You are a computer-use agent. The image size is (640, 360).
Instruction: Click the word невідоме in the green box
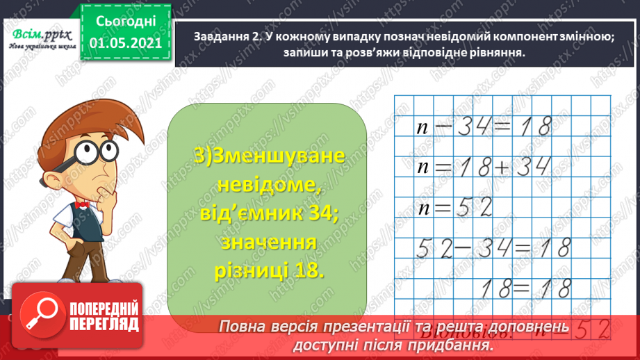[x=268, y=185]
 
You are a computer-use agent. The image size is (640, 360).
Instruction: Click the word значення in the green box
[x=268, y=243]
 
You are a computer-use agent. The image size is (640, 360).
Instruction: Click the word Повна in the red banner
[x=247, y=327]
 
